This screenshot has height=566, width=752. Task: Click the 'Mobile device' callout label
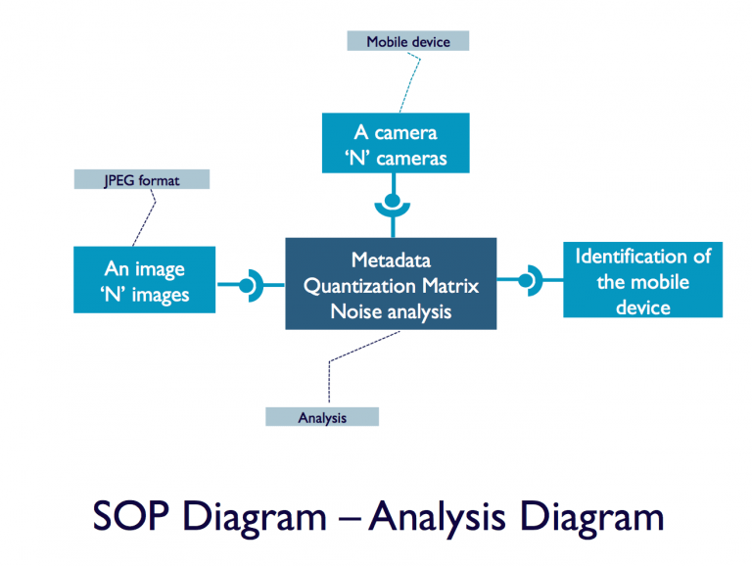[407, 41]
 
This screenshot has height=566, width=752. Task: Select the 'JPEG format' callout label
[142, 180]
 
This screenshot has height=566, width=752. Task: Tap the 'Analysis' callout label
[321, 417]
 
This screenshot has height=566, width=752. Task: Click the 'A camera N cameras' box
[395, 144]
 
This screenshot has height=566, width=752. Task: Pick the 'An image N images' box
[144, 280]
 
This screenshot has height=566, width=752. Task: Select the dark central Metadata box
[391, 284]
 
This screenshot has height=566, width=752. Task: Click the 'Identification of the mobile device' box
[642, 281]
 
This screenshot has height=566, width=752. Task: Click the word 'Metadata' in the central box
[391, 260]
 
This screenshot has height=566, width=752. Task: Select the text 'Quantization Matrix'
[391, 286]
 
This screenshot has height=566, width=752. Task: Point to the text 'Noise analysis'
[391, 311]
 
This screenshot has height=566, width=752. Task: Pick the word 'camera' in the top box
[403, 132]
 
